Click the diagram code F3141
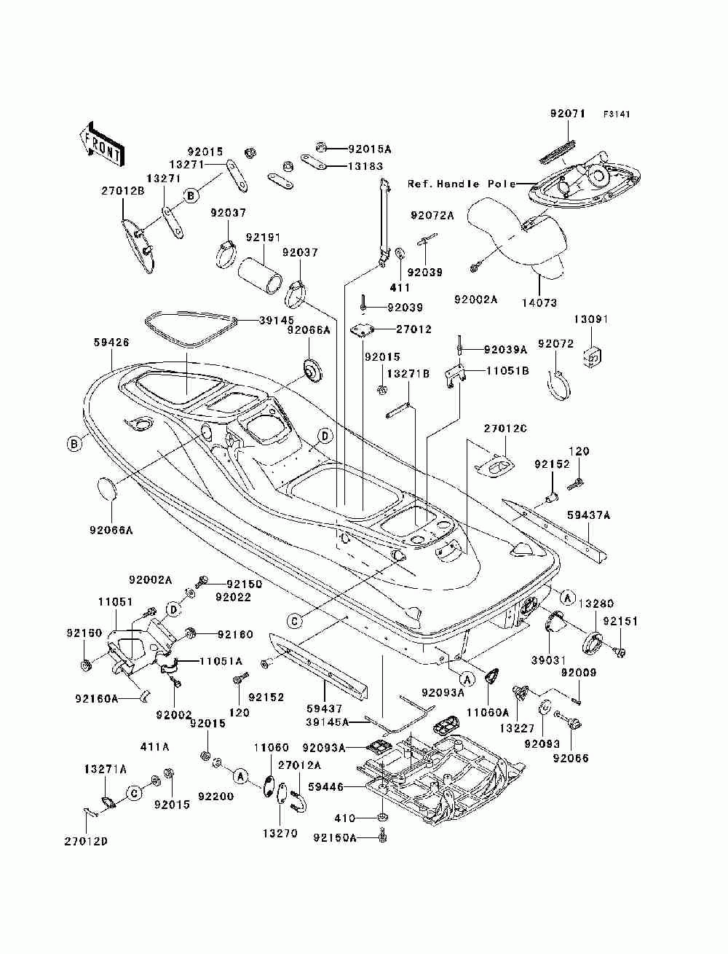coord(616,114)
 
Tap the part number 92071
coord(568,114)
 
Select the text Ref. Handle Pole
coord(462,184)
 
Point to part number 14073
coord(539,302)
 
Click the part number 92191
coord(263,238)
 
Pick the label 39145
coord(276,321)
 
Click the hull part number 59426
coord(111,343)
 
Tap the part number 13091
coord(591,319)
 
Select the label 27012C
coord(505,429)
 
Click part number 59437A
coord(588,515)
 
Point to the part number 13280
coord(596,603)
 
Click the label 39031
coord(549,660)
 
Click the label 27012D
coord(86,853)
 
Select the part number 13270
coord(280,833)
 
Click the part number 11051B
coord(507,371)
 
